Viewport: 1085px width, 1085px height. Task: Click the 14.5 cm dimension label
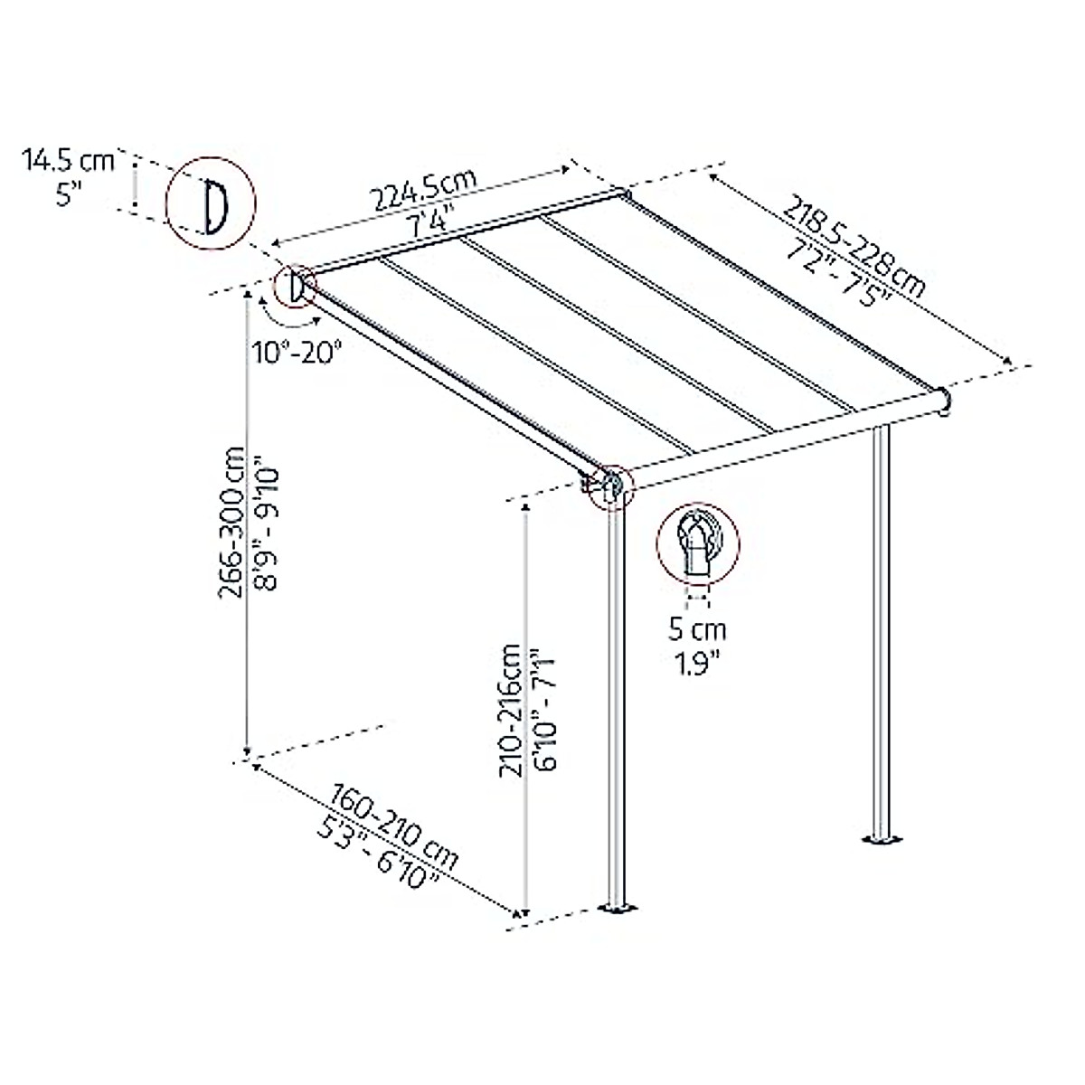point(69,161)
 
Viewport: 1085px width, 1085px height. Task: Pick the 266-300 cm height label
point(234,521)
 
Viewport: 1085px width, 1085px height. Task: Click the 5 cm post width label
point(697,628)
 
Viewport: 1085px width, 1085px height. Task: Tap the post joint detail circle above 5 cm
point(697,542)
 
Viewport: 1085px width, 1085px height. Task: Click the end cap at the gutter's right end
point(944,401)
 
